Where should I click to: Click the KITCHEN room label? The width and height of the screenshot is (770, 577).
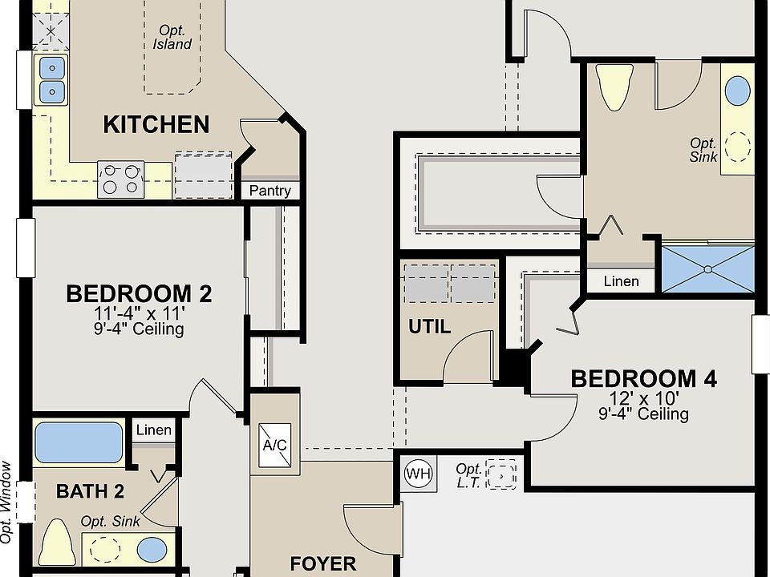point(156,125)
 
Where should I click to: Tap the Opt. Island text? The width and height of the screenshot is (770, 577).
point(172,38)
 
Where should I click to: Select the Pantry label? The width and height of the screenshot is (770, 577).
point(270,191)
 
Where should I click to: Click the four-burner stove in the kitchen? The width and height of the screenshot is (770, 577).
point(121,180)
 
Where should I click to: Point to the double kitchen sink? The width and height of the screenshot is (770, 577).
point(51,79)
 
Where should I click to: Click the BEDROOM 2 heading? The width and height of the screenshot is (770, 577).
point(139,294)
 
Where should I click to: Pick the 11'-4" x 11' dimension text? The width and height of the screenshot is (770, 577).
point(140,313)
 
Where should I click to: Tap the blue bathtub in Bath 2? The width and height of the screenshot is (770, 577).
point(79,442)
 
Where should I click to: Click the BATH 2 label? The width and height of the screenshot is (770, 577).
point(91,491)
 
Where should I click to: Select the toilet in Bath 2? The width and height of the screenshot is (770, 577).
point(58,542)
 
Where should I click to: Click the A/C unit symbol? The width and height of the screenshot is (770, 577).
point(274,445)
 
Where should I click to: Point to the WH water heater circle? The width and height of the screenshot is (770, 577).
point(419,474)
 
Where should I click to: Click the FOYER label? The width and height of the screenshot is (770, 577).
point(323,563)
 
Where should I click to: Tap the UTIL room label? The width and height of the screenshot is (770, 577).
point(430,327)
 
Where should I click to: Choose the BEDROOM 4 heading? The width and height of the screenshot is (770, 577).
point(644,379)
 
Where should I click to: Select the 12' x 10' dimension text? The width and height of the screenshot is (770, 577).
point(644,397)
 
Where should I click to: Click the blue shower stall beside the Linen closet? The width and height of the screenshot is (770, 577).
point(708,269)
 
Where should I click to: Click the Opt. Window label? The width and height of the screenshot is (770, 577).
point(6,502)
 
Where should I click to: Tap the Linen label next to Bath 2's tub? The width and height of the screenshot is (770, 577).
point(154,430)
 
